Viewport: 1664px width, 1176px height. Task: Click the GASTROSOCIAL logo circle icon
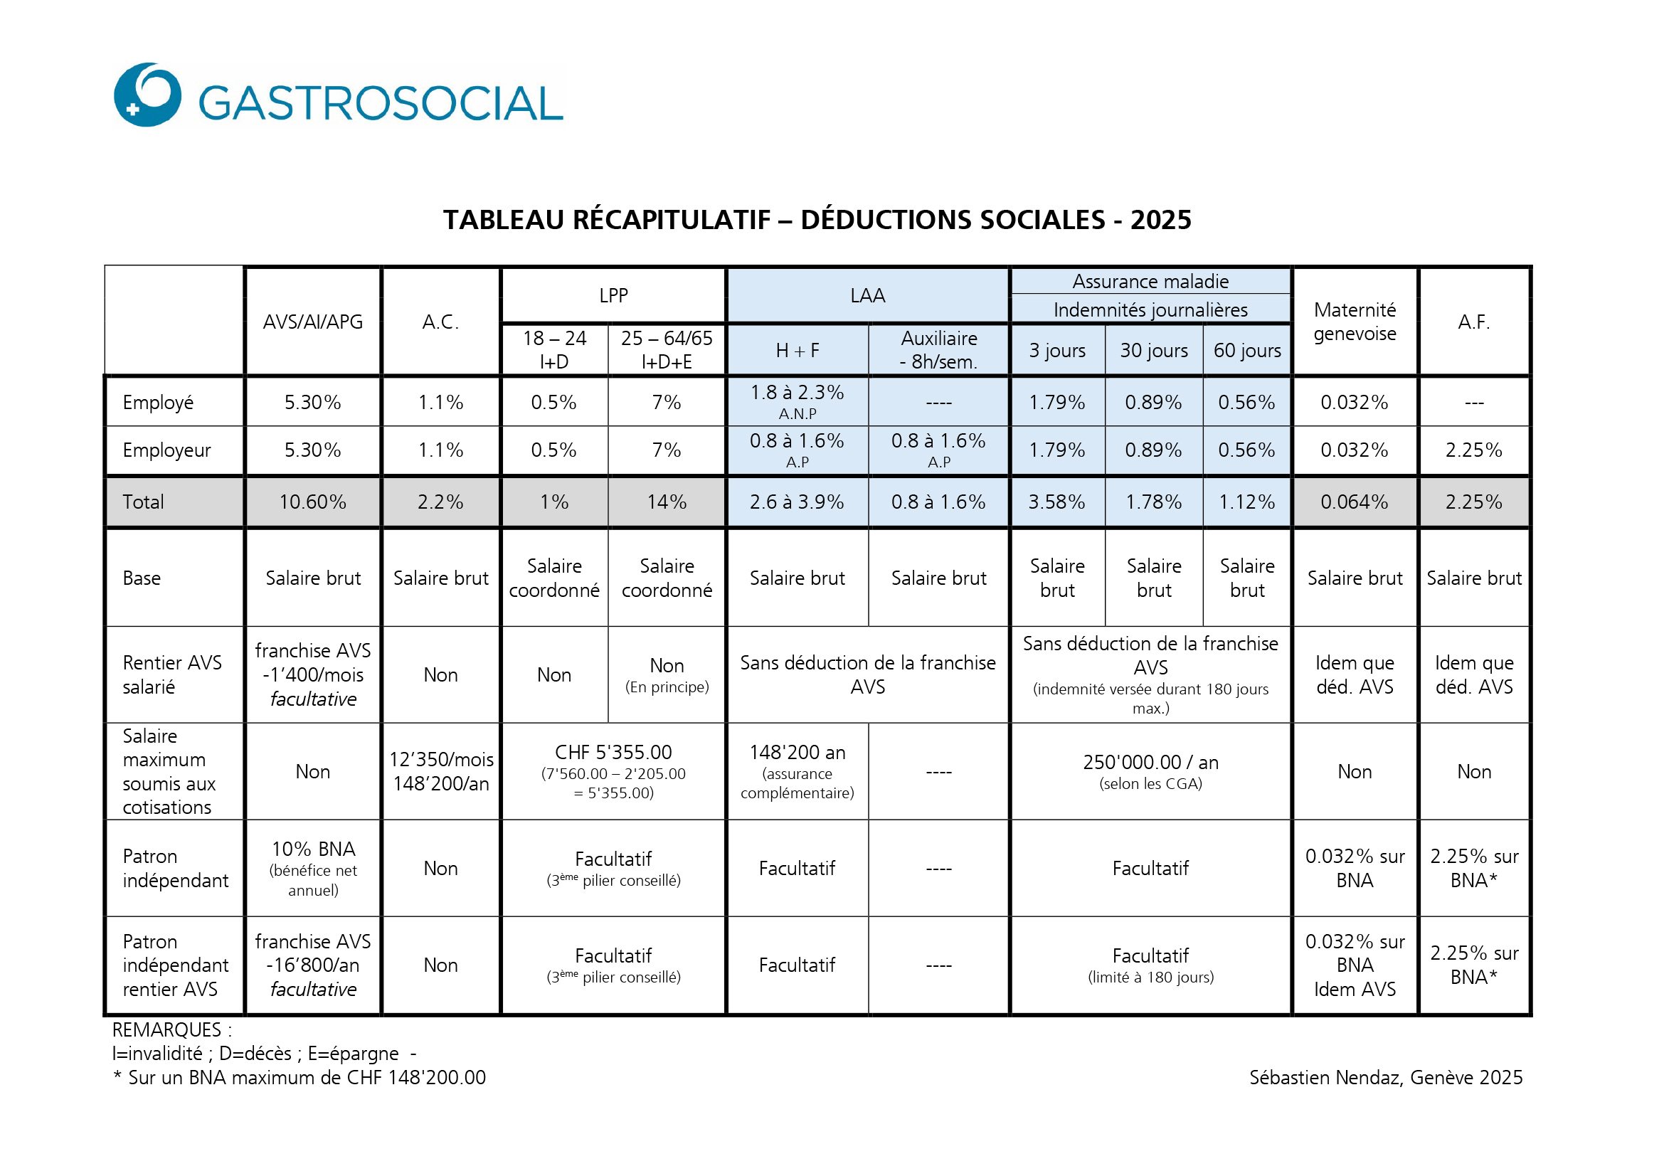[148, 95]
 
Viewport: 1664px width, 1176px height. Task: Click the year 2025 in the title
[1160, 221]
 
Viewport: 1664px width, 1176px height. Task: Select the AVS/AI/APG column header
[313, 322]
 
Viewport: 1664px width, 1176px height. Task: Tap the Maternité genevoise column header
[1355, 322]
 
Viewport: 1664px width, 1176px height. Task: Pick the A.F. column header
[1474, 322]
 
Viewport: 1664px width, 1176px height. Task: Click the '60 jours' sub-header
[1247, 351]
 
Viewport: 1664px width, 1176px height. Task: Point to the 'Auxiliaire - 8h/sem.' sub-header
[939, 351]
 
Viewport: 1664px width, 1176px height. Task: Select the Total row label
[144, 502]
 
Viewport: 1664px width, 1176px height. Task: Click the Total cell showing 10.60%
[313, 502]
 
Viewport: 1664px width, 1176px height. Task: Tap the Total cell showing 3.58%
[1056, 502]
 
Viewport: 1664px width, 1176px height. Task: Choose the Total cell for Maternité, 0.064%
[1355, 502]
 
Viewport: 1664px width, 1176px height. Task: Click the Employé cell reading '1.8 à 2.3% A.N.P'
[797, 402]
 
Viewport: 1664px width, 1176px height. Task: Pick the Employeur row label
[166, 450]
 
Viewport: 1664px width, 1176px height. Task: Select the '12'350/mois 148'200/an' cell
[441, 772]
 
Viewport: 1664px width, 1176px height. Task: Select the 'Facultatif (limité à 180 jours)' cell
[1151, 965]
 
